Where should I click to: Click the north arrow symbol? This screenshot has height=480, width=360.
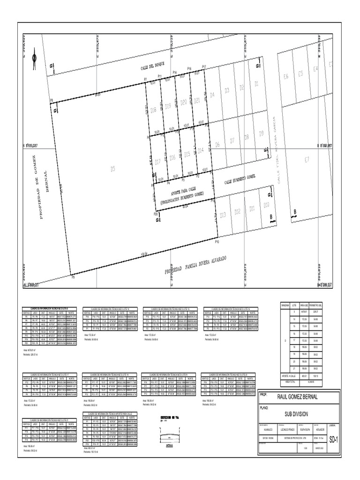coord(34,58)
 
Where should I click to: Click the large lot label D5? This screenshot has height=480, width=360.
coord(112,170)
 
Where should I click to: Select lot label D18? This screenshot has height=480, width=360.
coord(153,110)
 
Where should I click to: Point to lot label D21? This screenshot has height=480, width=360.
coord(197,100)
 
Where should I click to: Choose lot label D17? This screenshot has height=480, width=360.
coord(157,162)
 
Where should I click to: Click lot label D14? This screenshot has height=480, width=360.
coord(201,150)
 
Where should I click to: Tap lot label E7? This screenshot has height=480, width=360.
coord(307,160)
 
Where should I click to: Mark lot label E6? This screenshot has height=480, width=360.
coord(287,73)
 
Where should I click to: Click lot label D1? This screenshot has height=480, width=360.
coord(256,84)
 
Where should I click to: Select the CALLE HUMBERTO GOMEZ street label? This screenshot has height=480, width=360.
coord(240,178)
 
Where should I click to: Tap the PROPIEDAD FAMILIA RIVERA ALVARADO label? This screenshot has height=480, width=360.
coord(196,265)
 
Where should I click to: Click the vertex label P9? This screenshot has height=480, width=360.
coord(73,277)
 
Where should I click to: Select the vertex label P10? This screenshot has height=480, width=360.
coord(217,242)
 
